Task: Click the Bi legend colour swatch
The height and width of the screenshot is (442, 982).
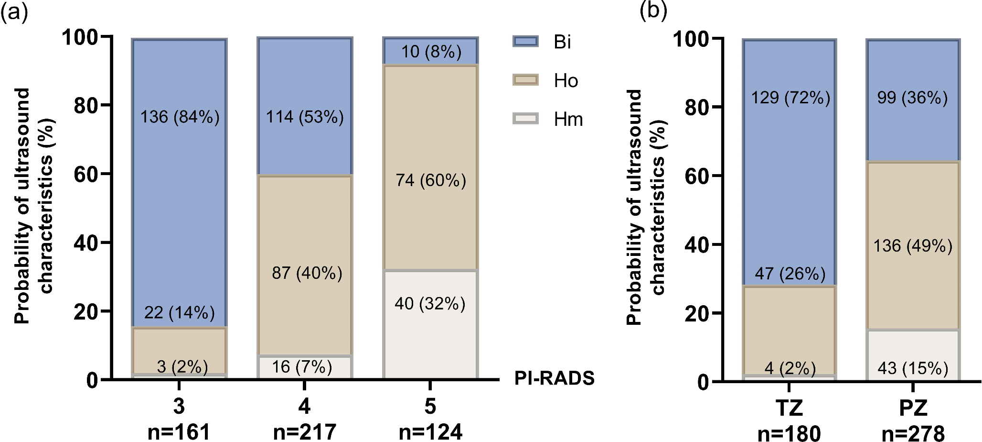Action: pyautogui.click(x=525, y=41)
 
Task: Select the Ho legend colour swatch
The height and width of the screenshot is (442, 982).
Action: pyautogui.click(x=525, y=80)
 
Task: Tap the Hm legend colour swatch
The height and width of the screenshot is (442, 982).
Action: pyautogui.click(x=525, y=119)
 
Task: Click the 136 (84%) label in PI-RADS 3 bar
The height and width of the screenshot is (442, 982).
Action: pyautogui.click(x=180, y=117)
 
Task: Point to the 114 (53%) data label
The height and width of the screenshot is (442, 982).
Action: pyautogui.click(x=305, y=117)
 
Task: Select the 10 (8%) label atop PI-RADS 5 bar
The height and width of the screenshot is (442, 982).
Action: pyautogui.click(x=431, y=51)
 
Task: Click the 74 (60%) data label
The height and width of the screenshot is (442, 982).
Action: pyautogui.click(x=431, y=180)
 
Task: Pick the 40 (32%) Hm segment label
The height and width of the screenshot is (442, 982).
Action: pyautogui.click(x=430, y=303)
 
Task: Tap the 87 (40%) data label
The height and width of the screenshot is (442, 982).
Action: pyautogui.click(x=307, y=273)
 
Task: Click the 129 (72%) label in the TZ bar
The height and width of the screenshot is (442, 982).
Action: pyautogui.click(x=790, y=98)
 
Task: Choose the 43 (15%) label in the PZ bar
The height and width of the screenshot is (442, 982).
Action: pyautogui.click(x=913, y=368)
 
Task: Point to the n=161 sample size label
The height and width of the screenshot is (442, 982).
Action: pyautogui.click(x=179, y=431)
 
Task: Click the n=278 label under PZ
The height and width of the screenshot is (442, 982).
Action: pyautogui.click(x=913, y=433)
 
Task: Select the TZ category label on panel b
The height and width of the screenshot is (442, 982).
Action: pyautogui.click(x=789, y=408)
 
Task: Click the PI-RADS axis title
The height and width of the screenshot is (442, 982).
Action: pyautogui.click(x=554, y=378)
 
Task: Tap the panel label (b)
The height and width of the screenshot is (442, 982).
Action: pyautogui.click(x=653, y=11)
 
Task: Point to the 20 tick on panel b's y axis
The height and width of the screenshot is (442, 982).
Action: pyautogui.click(x=697, y=313)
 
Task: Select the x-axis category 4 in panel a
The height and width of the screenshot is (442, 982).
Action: pyautogui.click(x=304, y=406)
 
